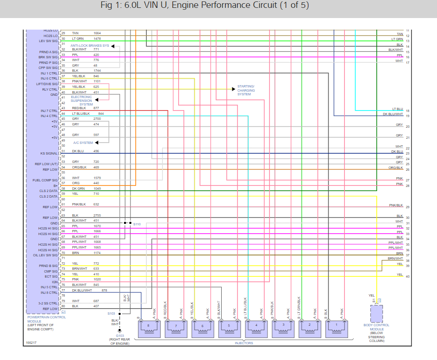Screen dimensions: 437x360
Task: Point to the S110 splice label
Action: [137, 224]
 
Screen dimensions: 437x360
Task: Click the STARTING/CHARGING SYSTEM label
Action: [245, 90]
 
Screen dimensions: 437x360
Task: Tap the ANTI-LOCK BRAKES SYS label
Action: [90, 46]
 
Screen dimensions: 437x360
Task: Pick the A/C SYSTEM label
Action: [83, 143]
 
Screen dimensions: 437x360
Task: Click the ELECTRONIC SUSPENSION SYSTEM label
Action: [82, 100]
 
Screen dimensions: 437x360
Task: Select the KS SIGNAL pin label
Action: [49, 153]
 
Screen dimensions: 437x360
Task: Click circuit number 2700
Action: [97, 119]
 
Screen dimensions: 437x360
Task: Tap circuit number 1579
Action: [97, 178]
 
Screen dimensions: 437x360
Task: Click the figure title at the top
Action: [204, 6]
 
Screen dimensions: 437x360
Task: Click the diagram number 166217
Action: [31, 343]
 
